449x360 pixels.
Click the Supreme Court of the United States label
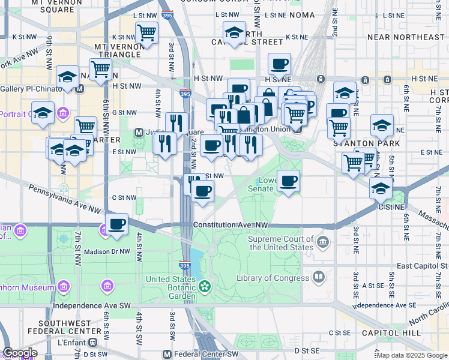pos(281,243)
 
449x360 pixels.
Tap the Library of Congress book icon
pos(319,277)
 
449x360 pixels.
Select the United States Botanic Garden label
pos(171,287)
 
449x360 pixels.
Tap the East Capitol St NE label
pos(423,266)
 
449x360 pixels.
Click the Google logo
pos(19,353)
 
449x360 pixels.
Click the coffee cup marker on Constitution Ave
pos(118,224)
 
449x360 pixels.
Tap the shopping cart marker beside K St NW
pos(146,32)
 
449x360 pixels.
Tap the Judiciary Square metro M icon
pos(139,132)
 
